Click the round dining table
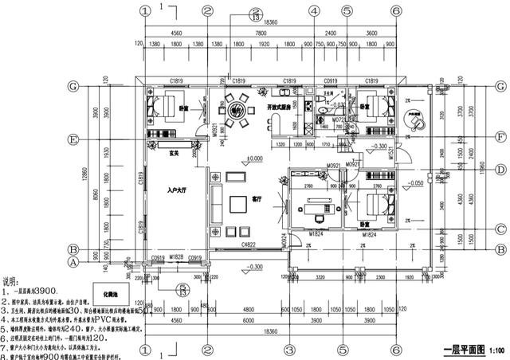pyautogui.click(x=237, y=108)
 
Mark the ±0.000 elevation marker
pyautogui.click(x=254, y=159)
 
